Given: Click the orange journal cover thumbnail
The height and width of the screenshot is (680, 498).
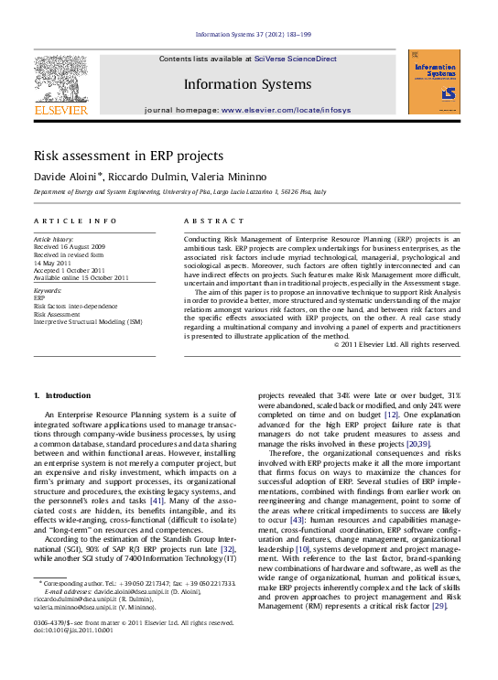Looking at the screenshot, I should point(434,81).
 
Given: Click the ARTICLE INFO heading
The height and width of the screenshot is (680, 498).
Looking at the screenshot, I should point(75,221).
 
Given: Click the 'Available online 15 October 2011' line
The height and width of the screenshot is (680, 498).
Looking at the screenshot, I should point(81,277).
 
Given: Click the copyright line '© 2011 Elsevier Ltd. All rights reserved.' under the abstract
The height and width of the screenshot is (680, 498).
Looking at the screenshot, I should point(396,344).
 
